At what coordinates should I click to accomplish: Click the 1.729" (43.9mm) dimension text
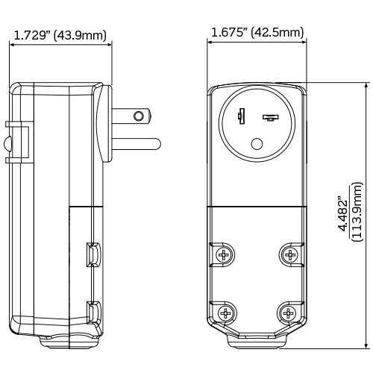coord(60,34)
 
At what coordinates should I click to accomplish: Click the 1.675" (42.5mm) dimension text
coord(257,32)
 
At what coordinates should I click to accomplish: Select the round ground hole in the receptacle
coord(258,145)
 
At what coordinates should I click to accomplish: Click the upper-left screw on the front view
coord(223,255)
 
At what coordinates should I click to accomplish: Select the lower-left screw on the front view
coord(223,313)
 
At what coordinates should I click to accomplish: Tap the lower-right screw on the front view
coord(289,313)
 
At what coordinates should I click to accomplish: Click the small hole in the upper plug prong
coord(137,116)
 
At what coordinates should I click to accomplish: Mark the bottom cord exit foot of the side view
coord(67,342)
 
